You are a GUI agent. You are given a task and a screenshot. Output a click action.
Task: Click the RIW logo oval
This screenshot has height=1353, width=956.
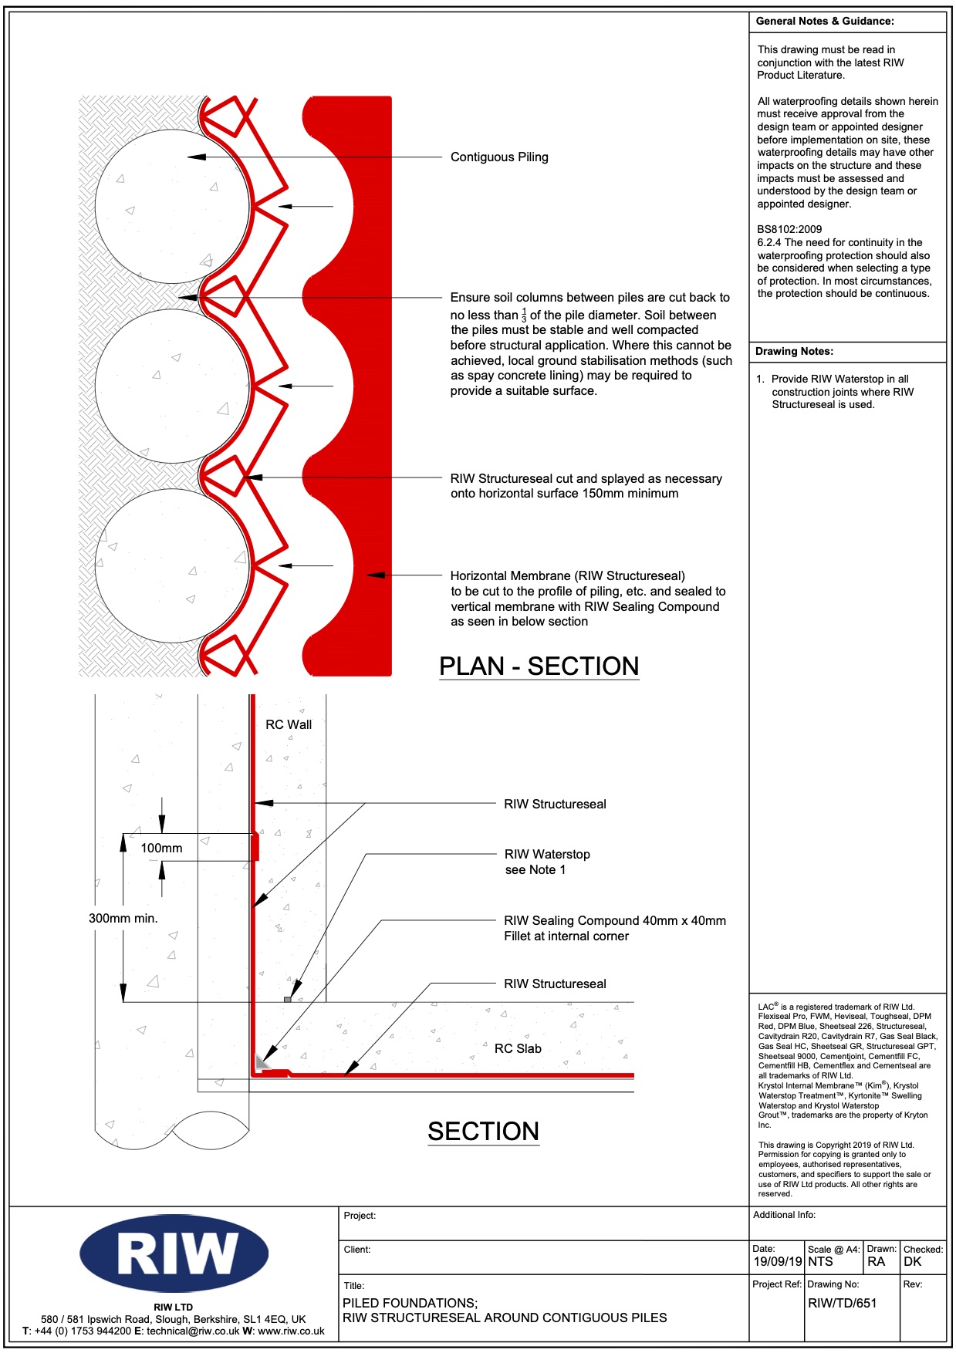(174, 1253)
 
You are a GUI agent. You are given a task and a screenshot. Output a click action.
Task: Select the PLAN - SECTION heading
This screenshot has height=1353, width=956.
(539, 666)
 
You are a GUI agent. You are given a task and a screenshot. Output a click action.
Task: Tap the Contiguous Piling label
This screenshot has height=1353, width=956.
(499, 157)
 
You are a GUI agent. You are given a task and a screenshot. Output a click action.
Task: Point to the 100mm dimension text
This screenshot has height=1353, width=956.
(161, 849)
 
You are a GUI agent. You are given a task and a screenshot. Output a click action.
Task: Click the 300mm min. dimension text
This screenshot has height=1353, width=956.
(123, 919)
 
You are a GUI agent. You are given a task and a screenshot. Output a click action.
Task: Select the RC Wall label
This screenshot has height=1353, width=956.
(289, 725)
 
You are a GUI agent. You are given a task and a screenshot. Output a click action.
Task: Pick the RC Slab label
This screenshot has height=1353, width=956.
(518, 1049)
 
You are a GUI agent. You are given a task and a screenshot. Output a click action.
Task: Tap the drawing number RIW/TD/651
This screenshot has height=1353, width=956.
(843, 1303)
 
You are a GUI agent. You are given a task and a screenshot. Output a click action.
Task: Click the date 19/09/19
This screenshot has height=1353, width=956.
(778, 1262)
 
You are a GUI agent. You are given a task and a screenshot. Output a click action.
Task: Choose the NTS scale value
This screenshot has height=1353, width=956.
(820, 1262)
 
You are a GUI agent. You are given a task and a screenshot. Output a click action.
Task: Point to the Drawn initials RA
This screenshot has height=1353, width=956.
(876, 1262)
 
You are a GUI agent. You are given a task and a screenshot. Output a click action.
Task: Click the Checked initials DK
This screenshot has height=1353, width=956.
(913, 1262)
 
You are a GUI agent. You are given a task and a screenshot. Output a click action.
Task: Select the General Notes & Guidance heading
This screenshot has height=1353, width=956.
(825, 22)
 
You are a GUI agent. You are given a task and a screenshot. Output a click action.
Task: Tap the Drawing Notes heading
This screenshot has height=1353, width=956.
(794, 352)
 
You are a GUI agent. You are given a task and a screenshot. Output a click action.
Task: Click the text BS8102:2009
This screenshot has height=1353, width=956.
(789, 230)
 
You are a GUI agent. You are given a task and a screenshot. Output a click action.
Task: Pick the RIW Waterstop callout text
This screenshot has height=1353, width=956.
(547, 855)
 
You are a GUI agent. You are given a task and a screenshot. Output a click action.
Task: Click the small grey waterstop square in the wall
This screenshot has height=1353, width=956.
(288, 1000)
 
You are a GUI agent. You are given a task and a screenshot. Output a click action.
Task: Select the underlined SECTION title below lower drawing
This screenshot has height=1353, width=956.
(484, 1132)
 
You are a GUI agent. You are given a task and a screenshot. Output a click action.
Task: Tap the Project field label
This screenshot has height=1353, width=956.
(360, 1216)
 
